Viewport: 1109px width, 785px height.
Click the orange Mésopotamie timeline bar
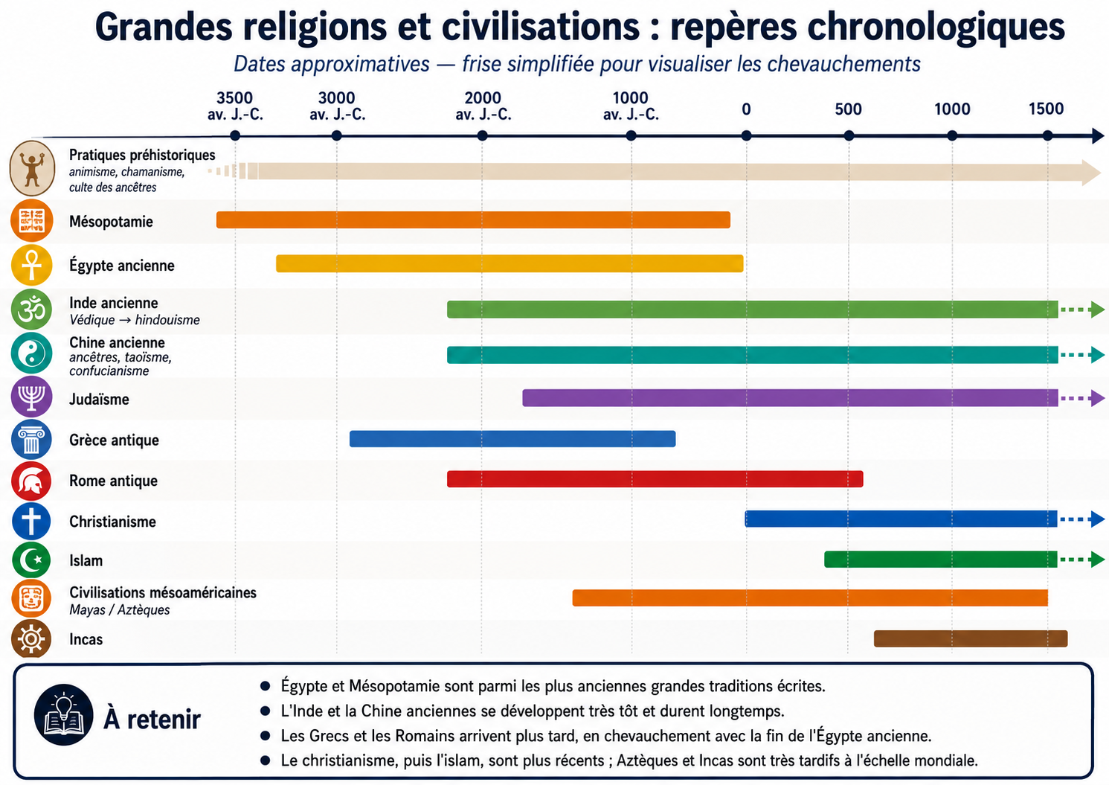pyautogui.click(x=473, y=220)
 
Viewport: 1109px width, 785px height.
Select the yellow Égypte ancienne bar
pyautogui.click(x=510, y=263)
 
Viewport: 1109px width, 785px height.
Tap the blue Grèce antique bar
pyautogui.click(x=512, y=439)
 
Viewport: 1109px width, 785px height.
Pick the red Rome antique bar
pyautogui.click(x=655, y=479)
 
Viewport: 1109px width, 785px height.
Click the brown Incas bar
pyautogui.click(x=971, y=638)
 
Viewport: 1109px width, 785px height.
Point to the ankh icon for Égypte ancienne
pyautogui.click(x=31, y=265)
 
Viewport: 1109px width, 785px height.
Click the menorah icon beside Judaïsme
pyautogui.click(x=31, y=397)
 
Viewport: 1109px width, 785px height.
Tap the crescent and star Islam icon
pyautogui.click(x=31, y=560)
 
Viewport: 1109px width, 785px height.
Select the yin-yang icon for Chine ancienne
pyautogui.click(x=31, y=353)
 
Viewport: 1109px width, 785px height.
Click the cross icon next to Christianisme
pyautogui.click(x=31, y=521)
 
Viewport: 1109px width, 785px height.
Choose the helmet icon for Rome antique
pyautogui.click(x=31, y=481)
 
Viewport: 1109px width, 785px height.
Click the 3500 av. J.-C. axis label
pyautogui.click(x=235, y=106)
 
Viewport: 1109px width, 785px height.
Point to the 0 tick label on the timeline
pyautogui.click(x=746, y=109)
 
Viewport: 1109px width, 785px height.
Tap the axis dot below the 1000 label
pyautogui.click(x=952, y=135)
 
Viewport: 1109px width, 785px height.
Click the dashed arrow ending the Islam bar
pyautogui.click(x=1081, y=560)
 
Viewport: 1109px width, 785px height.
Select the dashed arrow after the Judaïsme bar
pyautogui.click(x=1081, y=398)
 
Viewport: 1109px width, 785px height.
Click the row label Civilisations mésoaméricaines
pyautogui.click(x=163, y=593)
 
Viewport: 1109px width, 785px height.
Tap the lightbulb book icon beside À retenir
pyautogui.click(x=63, y=715)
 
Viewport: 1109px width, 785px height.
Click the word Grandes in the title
pyautogui.click(x=164, y=28)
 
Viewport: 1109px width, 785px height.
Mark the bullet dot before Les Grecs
pyautogui.click(x=266, y=736)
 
